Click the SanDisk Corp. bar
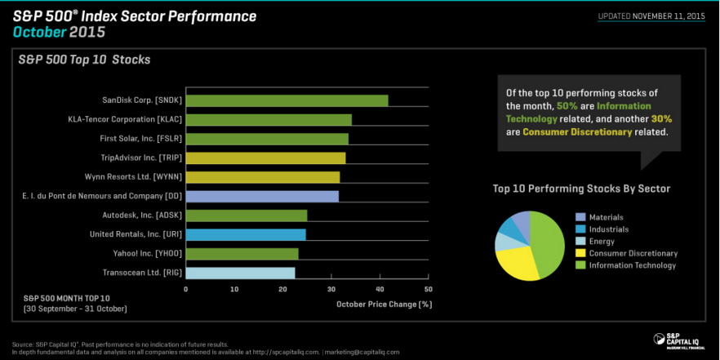tap(287, 100)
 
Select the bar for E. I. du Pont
tap(262, 196)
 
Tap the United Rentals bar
tap(246, 234)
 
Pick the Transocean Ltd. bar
tap(240, 273)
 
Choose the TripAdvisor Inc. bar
tap(265, 158)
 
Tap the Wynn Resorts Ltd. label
tap(133, 177)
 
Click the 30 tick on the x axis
tap(331, 289)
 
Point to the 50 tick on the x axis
tap(428, 289)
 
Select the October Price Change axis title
tap(384, 304)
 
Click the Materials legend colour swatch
tap(580, 217)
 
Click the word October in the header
tap(38, 32)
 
